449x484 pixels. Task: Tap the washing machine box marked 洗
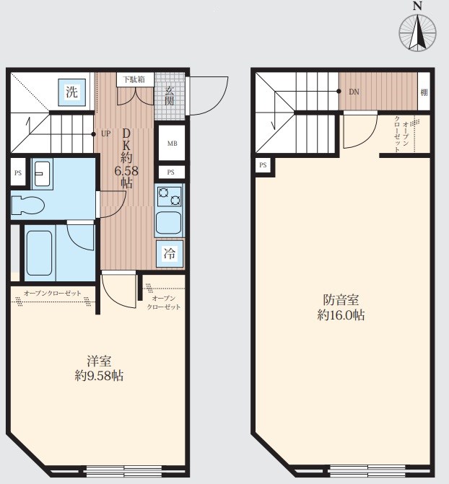(x=71, y=92)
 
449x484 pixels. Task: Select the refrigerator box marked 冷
(x=170, y=254)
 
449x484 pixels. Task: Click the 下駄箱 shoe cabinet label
(x=135, y=79)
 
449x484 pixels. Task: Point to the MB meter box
(x=172, y=144)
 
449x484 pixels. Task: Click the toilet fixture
(x=27, y=205)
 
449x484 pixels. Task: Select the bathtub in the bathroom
(x=39, y=253)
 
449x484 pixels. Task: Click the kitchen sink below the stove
(x=168, y=223)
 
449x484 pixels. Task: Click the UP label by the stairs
(x=105, y=134)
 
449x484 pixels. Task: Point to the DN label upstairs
(x=354, y=92)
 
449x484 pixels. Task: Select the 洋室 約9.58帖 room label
(x=99, y=369)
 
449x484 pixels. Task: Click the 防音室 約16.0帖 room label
(x=341, y=307)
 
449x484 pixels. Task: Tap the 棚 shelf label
(x=424, y=92)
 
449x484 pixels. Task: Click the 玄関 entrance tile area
(x=170, y=97)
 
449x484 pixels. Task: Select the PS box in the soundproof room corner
(x=263, y=165)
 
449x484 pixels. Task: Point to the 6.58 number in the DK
(x=126, y=171)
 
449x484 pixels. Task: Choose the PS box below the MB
(x=171, y=172)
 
